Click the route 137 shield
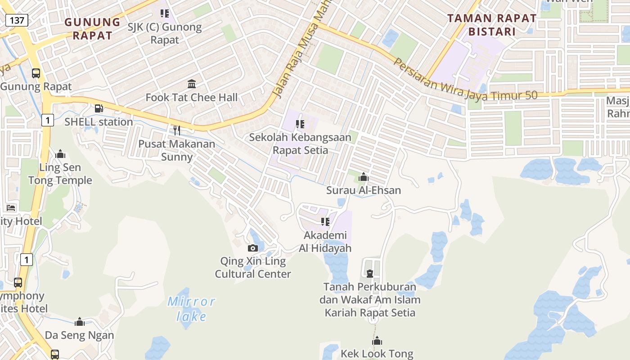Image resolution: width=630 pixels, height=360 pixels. [x=17, y=20]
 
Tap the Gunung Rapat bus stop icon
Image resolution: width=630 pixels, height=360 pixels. [x=36, y=73]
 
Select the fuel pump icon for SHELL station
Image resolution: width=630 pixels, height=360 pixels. [x=99, y=108]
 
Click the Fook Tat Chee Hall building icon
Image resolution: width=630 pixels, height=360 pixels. [x=192, y=84]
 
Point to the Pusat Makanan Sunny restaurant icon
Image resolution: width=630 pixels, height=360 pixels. [x=177, y=130]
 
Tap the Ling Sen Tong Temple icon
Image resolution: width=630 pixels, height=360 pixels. [x=60, y=154]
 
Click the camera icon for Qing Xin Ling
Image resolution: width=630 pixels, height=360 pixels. [x=253, y=248]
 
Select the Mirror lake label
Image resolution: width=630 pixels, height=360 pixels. [x=192, y=309]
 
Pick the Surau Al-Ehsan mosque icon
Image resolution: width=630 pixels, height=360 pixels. [x=364, y=177]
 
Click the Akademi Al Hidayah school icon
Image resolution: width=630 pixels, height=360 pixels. [x=325, y=221]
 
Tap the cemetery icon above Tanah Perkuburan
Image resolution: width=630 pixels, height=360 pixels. [x=370, y=274]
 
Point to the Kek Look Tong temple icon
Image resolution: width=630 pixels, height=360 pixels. [x=377, y=341]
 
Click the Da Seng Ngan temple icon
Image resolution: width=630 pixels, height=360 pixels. [x=80, y=322]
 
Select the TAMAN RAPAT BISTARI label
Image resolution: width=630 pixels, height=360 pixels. [x=492, y=25]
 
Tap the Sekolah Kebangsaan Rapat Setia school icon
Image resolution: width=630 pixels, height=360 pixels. [x=300, y=124]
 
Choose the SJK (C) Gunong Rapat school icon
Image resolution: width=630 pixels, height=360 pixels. [x=165, y=13]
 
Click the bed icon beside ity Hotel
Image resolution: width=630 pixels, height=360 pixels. [x=11, y=207]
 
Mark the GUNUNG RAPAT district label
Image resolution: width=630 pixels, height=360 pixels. [x=92, y=28]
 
